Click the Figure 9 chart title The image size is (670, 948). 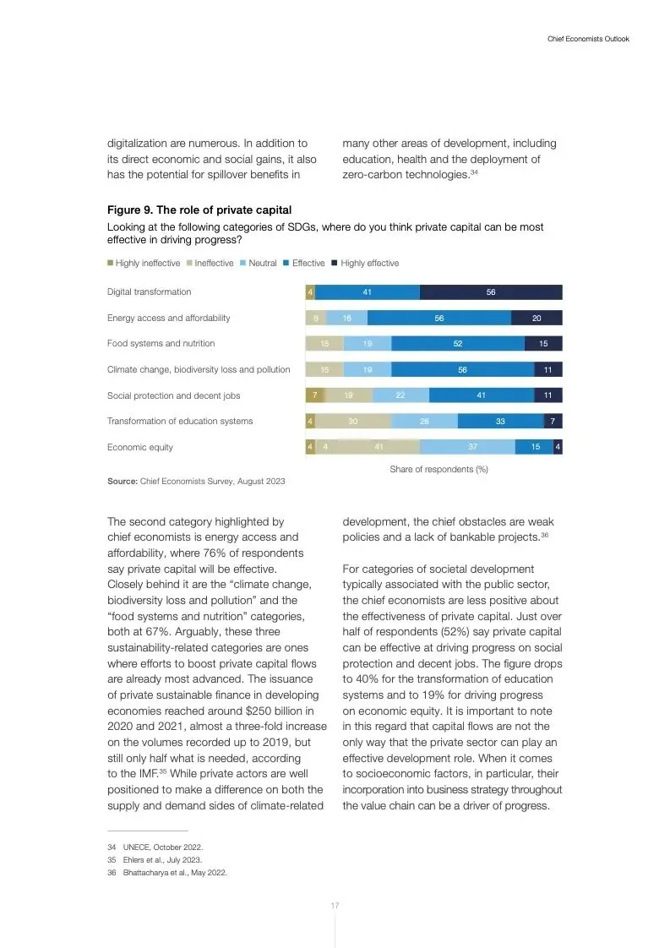(x=199, y=210)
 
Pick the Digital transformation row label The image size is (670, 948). (x=149, y=291)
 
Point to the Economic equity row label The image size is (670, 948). (x=139, y=447)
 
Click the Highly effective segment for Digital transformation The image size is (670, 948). (x=490, y=292)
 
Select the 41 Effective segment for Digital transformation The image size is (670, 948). (x=367, y=292)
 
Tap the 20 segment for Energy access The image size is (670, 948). (x=537, y=319)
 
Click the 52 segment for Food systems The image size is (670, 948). (x=457, y=344)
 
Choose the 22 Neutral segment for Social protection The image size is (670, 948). (x=400, y=395)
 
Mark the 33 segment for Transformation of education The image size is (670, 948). (x=500, y=421)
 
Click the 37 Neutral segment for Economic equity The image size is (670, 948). (x=467, y=447)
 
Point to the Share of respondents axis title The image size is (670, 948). (x=438, y=469)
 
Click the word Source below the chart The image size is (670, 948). (x=122, y=482)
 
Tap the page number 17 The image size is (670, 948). (x=335, y=906)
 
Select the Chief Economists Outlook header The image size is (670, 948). (x=588, y=39)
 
